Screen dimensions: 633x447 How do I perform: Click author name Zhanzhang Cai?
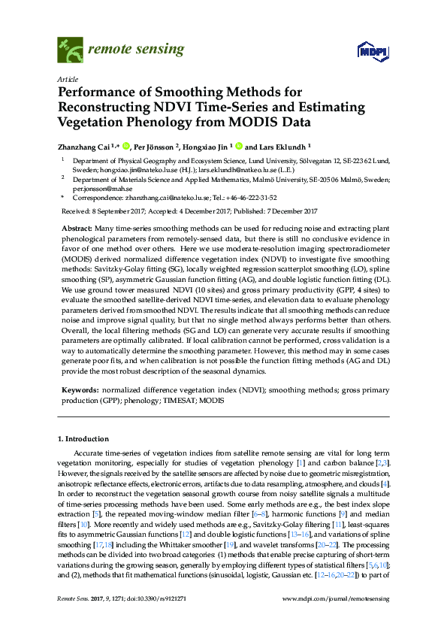click(86, 147)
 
